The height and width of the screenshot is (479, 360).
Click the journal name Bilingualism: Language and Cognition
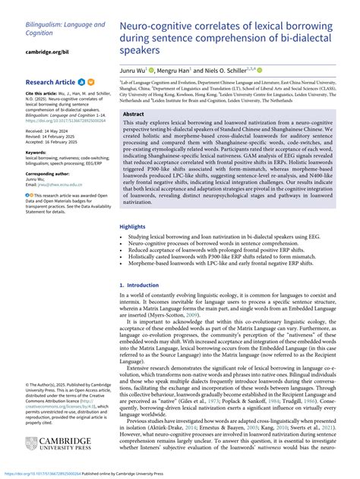[x=65, y=29]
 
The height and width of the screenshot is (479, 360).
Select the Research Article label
[x=50, y=81]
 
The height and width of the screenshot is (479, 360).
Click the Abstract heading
[x=134, y=114]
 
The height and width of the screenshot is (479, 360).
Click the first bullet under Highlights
[x=220, y=216]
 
